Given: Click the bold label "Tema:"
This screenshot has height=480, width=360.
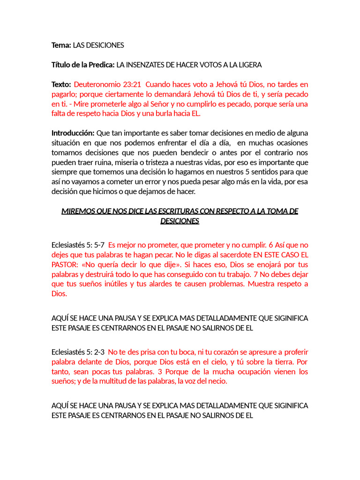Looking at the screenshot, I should coord(61,45).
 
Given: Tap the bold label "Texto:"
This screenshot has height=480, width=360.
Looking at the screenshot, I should coord(61,84).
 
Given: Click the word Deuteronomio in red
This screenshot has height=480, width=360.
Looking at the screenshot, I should coord(96,84).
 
